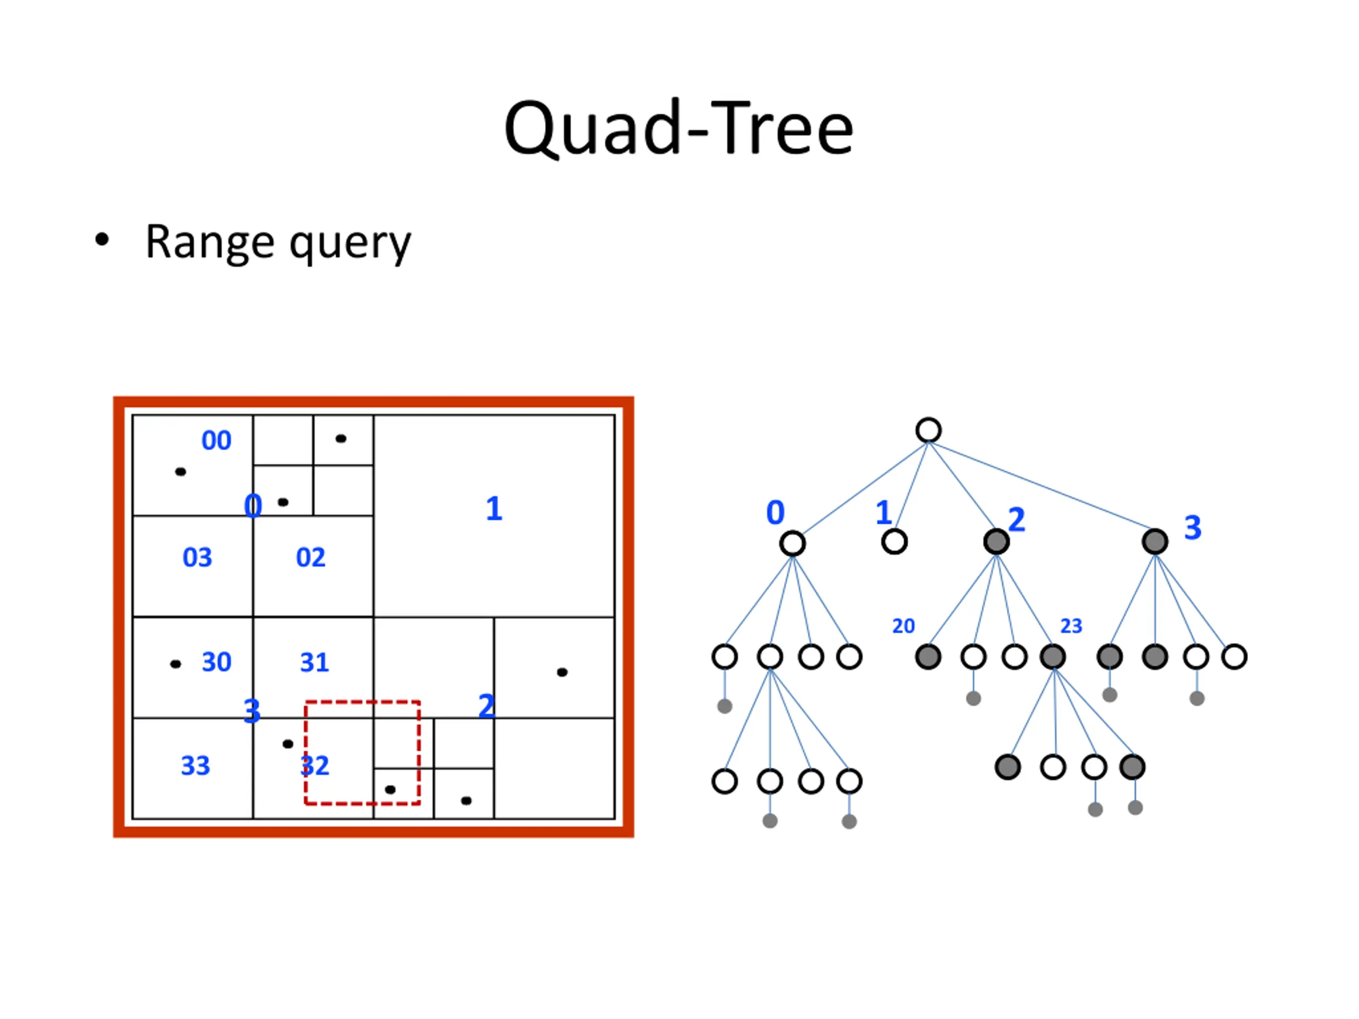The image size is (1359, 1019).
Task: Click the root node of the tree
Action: (x=928, y=430)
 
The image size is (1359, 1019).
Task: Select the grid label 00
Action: (x=216, y=441)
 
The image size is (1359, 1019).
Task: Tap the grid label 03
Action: (x=197, y=557)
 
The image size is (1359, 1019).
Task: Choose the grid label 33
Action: (x=195, y=766)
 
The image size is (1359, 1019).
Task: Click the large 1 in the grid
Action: (x=494, y=508)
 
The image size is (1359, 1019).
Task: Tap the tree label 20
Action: (x=903, y=626)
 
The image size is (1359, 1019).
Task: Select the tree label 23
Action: (x=1071, y=626)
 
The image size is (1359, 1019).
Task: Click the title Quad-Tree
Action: (x=679, y=128)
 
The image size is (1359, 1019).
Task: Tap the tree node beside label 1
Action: (x=894, y=542)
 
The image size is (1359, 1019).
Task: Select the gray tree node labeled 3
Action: (x=1155, y=542)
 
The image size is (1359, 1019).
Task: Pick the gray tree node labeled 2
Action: (x=996, y=542)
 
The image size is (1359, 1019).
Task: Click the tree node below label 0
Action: (x=793, y=543)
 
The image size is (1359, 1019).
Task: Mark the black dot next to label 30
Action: (x=176, y=664)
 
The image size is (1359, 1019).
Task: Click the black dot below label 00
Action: (x=180, y=472)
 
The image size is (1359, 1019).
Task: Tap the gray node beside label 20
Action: (x=928, y=657)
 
